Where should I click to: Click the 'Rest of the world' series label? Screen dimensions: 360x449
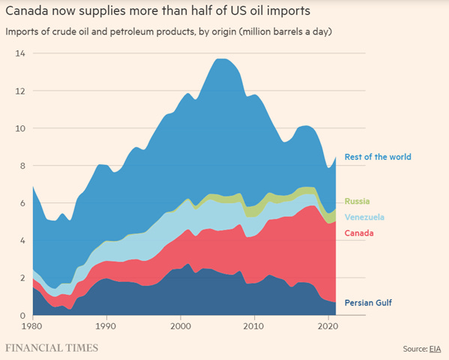click(377, 157)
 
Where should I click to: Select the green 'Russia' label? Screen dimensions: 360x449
click(357, 201)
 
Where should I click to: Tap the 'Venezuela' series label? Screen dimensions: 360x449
click(364, 217)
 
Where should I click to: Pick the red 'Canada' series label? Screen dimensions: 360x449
click(359, 233)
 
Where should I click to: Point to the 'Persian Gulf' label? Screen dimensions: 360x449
click(368, 303)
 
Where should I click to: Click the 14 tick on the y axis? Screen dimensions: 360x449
click(20, 53)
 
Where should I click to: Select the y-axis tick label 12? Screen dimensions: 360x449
click(20, 91)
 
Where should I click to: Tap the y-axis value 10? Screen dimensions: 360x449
click(20, 128)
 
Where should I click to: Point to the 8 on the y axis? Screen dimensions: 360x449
click(22, 166)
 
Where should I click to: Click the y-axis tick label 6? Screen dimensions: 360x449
click(22, 203)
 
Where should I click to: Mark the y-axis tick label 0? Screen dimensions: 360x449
click(22, 316)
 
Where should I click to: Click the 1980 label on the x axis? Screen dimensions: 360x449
click(33, 328)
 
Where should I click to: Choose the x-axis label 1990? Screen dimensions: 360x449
click(106, 328)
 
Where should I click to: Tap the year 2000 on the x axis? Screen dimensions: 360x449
click(180, 328)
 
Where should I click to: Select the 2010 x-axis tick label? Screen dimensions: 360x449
click(254, 328)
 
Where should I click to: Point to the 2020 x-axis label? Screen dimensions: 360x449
click(328, 328)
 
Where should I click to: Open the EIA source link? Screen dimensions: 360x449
click(435, 349)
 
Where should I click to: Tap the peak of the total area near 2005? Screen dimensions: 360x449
click(223, 59)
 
